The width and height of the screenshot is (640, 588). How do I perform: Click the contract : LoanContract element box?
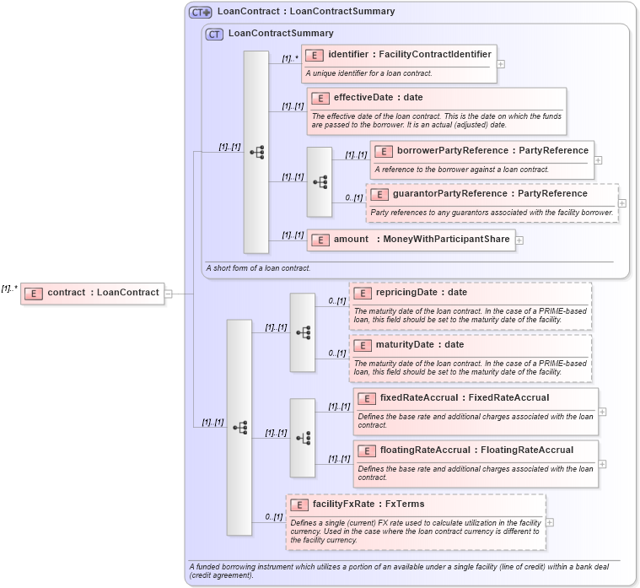[93, 293]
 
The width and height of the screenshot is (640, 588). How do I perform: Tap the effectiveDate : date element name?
[378, 98]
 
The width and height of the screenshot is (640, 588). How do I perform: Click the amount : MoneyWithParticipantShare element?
[411, 240]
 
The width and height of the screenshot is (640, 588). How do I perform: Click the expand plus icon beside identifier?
[501, 63]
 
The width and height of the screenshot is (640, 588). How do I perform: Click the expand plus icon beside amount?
[519, 240]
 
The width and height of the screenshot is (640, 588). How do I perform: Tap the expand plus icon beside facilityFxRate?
[550, 522]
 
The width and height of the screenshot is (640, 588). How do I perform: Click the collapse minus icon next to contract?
[169, 294]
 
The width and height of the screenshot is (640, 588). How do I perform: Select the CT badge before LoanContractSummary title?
[215, 34]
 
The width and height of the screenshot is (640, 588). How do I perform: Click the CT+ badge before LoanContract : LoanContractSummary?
[200, 12]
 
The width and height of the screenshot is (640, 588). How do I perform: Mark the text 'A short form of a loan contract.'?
[258, 268]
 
